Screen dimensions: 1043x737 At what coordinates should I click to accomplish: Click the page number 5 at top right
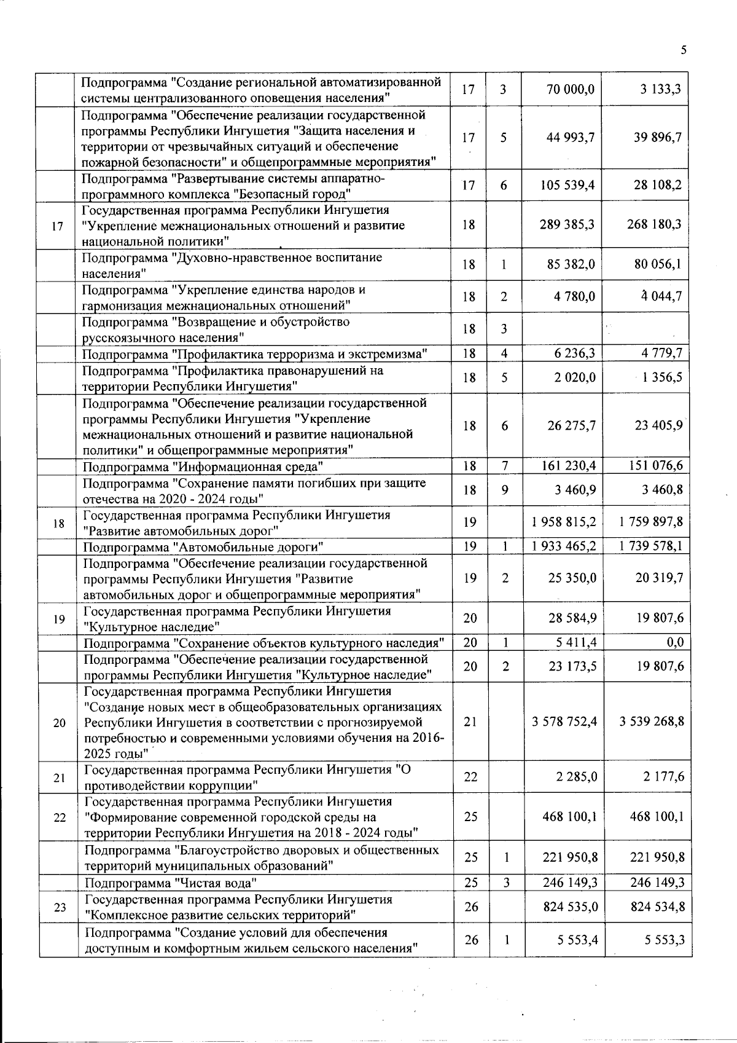pos(684,50)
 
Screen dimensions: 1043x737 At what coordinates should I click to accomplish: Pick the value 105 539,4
pos(567,186)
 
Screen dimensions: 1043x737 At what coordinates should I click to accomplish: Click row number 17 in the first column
pos(58,226)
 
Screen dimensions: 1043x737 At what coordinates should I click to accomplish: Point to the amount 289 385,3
pos(567,225)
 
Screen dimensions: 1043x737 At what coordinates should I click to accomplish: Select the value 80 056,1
pos(658,265)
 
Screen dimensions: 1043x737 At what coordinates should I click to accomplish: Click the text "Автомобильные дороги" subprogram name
pos(246,547)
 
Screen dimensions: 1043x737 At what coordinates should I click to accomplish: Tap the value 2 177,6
pos(664,777)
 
